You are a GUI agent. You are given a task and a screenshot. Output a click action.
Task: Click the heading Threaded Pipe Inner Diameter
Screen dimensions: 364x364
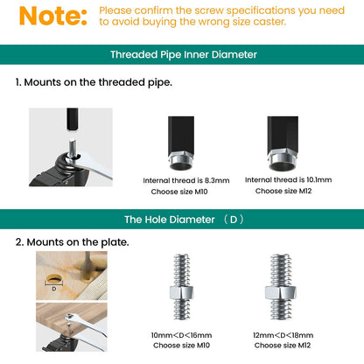(183, 54)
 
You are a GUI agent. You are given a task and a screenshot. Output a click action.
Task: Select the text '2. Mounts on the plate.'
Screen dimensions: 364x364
(72, 241)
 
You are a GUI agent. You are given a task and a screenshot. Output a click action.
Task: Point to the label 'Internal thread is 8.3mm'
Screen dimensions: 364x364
(185, 180)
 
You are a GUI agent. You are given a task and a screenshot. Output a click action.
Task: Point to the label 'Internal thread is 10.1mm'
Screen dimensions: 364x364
(288, 179)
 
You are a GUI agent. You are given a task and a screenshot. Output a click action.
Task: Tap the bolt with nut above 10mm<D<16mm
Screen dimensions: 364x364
(184, 290)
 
